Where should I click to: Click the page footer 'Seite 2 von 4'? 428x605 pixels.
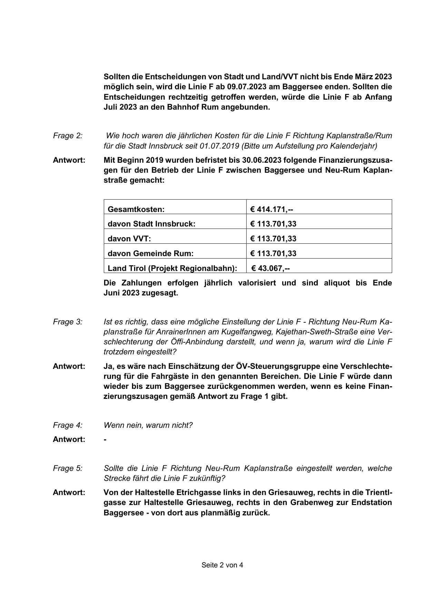(x=222, y=565)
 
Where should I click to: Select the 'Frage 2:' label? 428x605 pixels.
(x=68, y=136)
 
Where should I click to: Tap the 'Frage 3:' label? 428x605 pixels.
(x=68, y=322)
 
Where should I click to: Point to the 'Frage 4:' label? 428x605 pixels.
(x=68, y=425)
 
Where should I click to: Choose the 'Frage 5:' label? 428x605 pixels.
(x=68, y=468)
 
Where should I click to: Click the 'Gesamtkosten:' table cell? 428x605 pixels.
(x=136, y=209)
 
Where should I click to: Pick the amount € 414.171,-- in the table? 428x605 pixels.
(x=272, y=209)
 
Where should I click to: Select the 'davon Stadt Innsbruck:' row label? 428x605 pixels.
(x=151, y=224)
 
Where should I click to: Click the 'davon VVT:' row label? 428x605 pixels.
(x=129, y=239)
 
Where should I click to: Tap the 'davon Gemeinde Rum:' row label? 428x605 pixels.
(x=151, y=253)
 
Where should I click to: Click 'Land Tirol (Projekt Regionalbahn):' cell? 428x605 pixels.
(x=172, y=268)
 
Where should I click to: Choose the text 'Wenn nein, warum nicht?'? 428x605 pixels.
(x=148, y=425)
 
